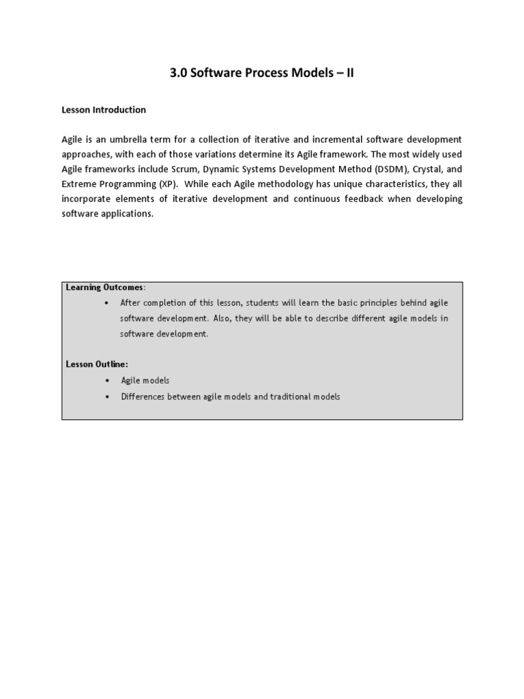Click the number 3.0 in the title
(x=178, y=74)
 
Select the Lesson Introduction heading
(x=104, y=109)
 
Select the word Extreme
(x=78, y=184)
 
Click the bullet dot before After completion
(x=107, y=302)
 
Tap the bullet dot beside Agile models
(x=107, y=380)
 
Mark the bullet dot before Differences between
(x=107, y=397)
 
